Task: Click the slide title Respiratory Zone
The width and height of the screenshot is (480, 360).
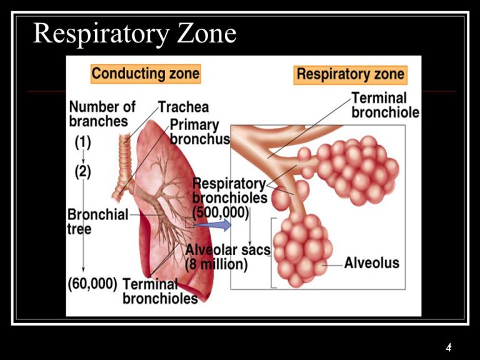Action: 134,33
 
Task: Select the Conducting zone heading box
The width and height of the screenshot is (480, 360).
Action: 145,73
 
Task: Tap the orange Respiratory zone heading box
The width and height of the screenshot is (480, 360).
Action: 350,74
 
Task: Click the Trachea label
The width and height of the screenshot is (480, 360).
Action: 183,107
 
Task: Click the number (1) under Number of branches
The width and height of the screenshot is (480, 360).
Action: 82,142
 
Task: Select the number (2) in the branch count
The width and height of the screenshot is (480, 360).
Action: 82,172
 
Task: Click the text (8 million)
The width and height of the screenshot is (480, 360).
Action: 216,264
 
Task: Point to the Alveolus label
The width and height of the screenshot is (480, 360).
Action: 371,262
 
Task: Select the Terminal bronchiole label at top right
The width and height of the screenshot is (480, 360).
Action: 385,105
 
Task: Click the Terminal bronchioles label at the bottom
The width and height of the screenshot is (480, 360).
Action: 160,291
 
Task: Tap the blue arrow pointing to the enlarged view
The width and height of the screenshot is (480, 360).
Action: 212,222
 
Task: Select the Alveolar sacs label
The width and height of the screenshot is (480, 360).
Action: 227,250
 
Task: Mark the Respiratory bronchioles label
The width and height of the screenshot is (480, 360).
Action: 229,191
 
